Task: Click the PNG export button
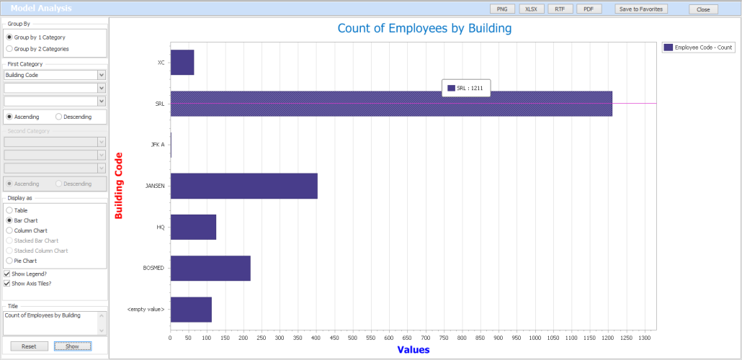pyautogui.click(x=501, y=9)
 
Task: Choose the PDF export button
pyautogui.click(x=589, y=9)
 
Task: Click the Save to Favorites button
pyautogui.click(x=641, y=9)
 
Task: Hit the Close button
pyautogui.click(x=703, y=9)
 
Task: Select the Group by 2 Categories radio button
pyautogui.click(x=9, y=49)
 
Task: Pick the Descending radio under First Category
pyautogui.click(x=59, y=117)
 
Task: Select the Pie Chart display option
pyautogui.click(x=9, y=261)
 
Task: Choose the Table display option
pyautogui.click(x=9, y=210)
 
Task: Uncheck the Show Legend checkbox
pyautogui.click(x=7, y=274)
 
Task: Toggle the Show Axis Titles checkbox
pyautogui.click(x=7, y=284)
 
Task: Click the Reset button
pyautogui.click(x=29, y=346)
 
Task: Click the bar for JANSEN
pyautogui.click(x=243, y=186)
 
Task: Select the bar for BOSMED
pyautogui.click(x=210, y=268)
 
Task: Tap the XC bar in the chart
pyautogui.click(x=182, y=63)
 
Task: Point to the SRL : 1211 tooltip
pyautogui.click(x=466, y=88)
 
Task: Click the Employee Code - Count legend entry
pyautogui.click(x=698, y=47)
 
